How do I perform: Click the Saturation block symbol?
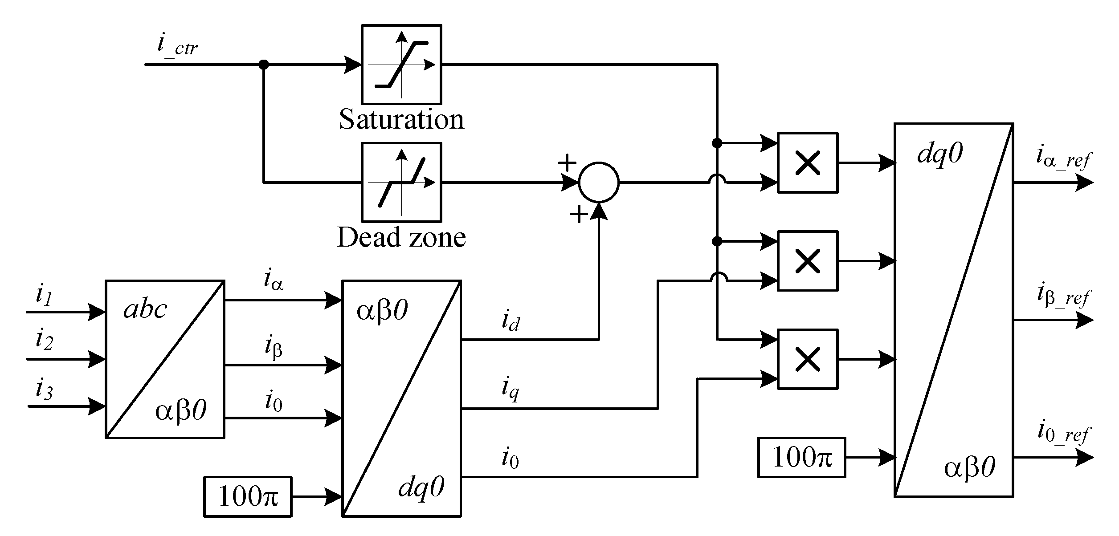pos(401,65)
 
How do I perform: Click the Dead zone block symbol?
pos(401,182)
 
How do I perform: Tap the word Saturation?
pos(401,119)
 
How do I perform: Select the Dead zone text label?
pos(401,237)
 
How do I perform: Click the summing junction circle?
pos(598,182)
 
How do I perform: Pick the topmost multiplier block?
pos(807,163)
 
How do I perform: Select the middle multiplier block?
pos(807,261)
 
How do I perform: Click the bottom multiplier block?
pos(807,359)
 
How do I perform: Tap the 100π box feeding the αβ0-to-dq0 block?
pos(248,497)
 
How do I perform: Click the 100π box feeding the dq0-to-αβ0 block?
pos(801,457)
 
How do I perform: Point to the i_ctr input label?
pos(177,45)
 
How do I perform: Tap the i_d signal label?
pos(510,321)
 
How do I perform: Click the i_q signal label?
pos(510,389)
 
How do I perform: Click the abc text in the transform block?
pos(145,309)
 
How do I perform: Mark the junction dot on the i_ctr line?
pos(264,65)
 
